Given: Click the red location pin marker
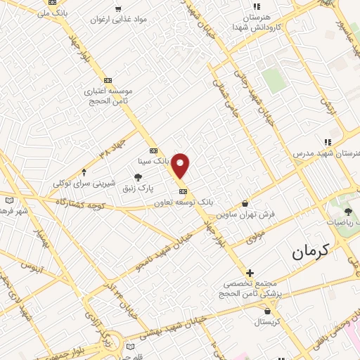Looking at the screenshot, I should click(x=181, y=165).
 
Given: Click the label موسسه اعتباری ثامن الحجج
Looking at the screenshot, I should click(x=108, y=96).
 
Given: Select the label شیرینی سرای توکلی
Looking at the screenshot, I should click(x=84, y=183).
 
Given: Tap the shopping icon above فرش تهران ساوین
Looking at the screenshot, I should click(x=245, y=204).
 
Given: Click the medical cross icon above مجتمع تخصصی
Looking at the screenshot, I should click(x=250, y=273).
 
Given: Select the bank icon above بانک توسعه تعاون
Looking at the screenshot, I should click(x=183, y=191).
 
